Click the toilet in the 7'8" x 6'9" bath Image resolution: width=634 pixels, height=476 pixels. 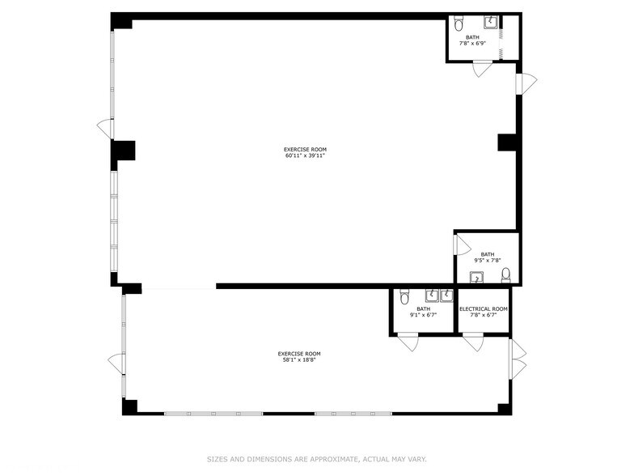pos(459,24)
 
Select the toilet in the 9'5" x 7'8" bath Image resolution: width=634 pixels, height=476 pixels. pos(506,275)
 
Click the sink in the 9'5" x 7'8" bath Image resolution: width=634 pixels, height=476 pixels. pos(477,278)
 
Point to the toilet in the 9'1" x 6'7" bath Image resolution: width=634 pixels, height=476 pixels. pos(404,297)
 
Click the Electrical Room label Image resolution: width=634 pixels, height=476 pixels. pos(484,309)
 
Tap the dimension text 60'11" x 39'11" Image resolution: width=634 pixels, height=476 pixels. pos(305,155)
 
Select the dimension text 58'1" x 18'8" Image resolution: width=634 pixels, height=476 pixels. pos(299,359)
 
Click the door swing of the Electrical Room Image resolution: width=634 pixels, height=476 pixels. pos(473,342)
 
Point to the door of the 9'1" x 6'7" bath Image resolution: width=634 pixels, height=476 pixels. pos(408,342)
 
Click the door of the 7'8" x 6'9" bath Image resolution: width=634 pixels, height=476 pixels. pos(482,68)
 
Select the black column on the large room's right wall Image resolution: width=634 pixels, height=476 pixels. pos(507,142)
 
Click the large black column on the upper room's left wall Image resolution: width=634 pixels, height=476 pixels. pos(123,151)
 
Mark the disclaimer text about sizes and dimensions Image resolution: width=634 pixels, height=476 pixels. pos(317,459)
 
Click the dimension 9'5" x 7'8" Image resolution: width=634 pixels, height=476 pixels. pos(488,261)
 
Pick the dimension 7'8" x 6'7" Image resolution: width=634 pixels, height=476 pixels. pos(484,315)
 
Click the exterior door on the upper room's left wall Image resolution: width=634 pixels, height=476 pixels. pos(105,129)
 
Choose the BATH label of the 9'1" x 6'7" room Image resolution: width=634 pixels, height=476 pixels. pos(424,309)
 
